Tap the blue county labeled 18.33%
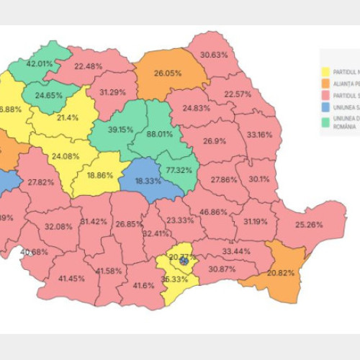[x=148, y=182]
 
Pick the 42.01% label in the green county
[x=40, y=63]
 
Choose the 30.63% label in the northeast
[x=214, y=55]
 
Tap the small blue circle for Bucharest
[x=184, y=261]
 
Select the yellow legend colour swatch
[x=325, y=72]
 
